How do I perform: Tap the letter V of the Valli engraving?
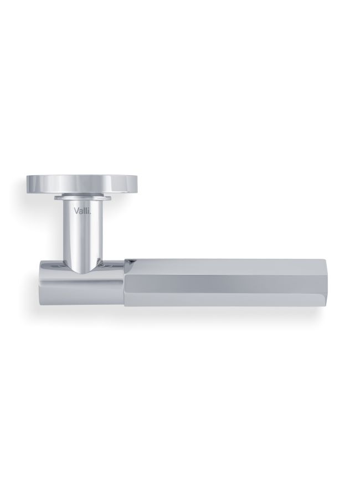75,211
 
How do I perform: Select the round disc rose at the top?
81,185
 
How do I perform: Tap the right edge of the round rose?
136,185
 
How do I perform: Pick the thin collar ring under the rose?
81,197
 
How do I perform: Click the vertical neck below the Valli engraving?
81,236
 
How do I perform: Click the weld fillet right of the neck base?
99,262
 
